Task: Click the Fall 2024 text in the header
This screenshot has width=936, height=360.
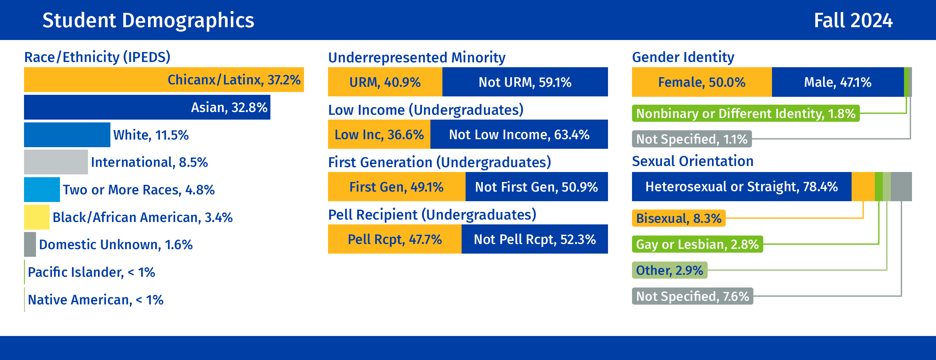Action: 853,20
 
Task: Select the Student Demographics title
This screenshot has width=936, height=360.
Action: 148,20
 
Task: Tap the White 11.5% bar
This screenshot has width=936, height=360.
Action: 67,135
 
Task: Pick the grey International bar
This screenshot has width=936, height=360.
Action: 56,162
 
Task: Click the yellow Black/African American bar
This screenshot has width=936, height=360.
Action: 36,217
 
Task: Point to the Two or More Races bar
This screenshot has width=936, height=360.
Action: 42,190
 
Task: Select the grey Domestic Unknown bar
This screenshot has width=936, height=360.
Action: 30,244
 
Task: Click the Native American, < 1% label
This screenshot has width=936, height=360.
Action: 96,300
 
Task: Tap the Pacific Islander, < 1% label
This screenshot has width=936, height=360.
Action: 91,272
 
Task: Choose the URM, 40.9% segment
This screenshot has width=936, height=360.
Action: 385,82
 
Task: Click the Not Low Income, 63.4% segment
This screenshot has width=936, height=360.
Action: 519,134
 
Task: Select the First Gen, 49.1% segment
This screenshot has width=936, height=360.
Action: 396,187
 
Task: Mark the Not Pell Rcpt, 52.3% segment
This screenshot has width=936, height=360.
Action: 534,239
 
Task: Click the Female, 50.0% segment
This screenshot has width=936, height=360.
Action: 702,82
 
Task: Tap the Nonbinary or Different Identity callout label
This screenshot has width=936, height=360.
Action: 746,114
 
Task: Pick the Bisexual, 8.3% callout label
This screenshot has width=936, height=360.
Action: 678,218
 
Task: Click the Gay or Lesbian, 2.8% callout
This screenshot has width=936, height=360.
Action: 697,244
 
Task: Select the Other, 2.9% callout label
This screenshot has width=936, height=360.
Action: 669,270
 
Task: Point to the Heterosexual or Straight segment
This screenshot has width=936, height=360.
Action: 741,187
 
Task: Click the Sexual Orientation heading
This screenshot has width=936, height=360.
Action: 692,161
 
